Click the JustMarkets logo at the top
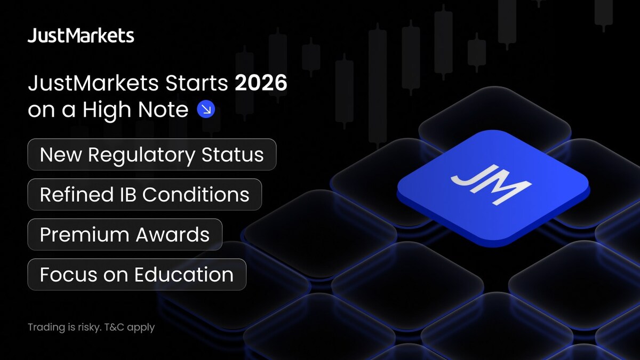point(81,35)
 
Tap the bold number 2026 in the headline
point(261,83)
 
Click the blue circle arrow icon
point(206,109)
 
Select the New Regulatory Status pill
point(152,155)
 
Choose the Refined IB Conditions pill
point(145,195)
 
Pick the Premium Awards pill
point(125,235)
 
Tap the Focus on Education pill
point(137,275)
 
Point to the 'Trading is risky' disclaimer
point(91,327)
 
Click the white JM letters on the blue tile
point(491,185)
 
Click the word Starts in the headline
point(197,83)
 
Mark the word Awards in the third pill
point(173,235)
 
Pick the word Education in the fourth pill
point(184,275)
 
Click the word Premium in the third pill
point(85,235)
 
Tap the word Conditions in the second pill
point(196,195)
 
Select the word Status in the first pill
point(233,155)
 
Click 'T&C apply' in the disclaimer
point(130,327)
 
